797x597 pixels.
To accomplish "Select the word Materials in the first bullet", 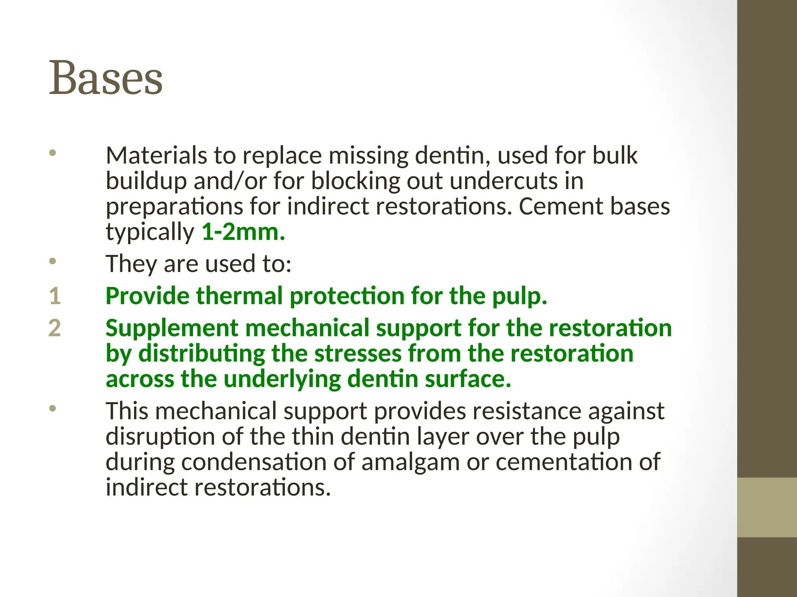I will click(x=156, y=155).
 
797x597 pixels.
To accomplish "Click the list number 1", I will click(x=55, y=296).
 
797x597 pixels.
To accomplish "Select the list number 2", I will click(x=55, y=328).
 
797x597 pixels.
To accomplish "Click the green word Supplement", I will click(x=172, y=328).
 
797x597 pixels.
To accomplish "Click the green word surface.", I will click(x=467, y=379).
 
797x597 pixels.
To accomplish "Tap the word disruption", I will click(x=160, y=436).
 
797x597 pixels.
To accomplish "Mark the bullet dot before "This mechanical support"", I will click(x=53, y=408).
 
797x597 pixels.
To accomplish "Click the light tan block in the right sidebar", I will click(x=767, y=507).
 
